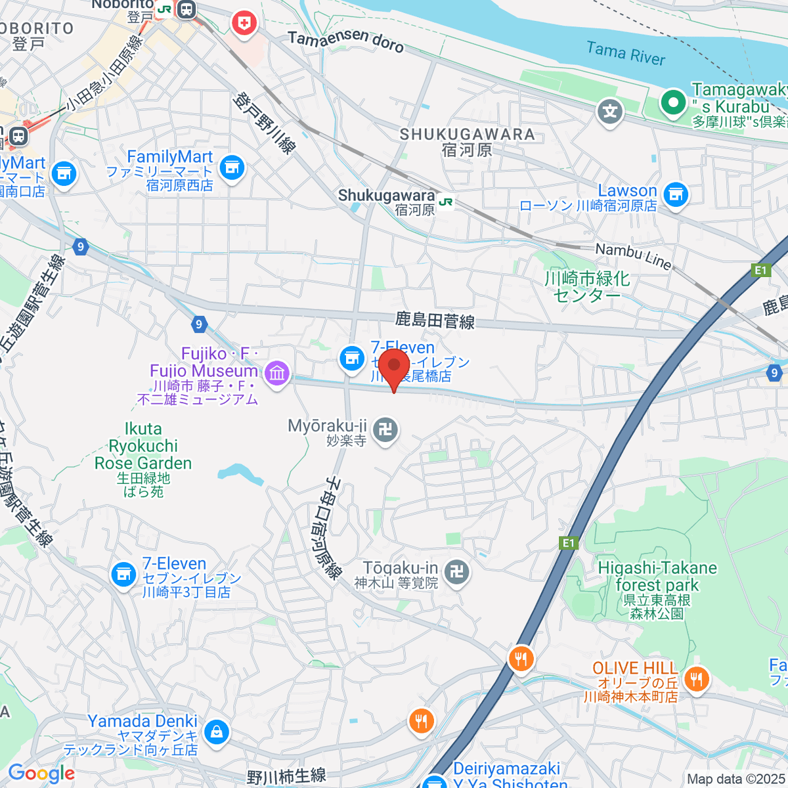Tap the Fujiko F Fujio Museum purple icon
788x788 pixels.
(x=276, y=374)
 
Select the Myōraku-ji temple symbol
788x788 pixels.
(x=384, y=430)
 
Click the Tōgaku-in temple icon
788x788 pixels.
(x=456, y=571)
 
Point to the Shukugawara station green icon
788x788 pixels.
(x=446, y=202)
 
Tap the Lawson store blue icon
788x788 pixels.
(x=675, y=194)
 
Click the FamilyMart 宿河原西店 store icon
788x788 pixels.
(x=231, y=167)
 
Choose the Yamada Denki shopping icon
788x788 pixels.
(x=216, y=730)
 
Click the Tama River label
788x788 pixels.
(x=626, y=53)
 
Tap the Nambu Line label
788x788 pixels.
(x=633, y=256)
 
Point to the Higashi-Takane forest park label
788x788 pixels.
(x=657, y=576)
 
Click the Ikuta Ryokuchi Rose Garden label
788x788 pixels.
(x=143, y=447)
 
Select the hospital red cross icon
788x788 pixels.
(x=244, y=24)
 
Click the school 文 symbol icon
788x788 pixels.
(x=610, y=112)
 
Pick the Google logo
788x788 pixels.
(x=41, y=774)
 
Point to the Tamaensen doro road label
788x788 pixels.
(x=345, y=41)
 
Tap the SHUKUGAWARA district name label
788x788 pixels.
(x=467, y=135)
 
